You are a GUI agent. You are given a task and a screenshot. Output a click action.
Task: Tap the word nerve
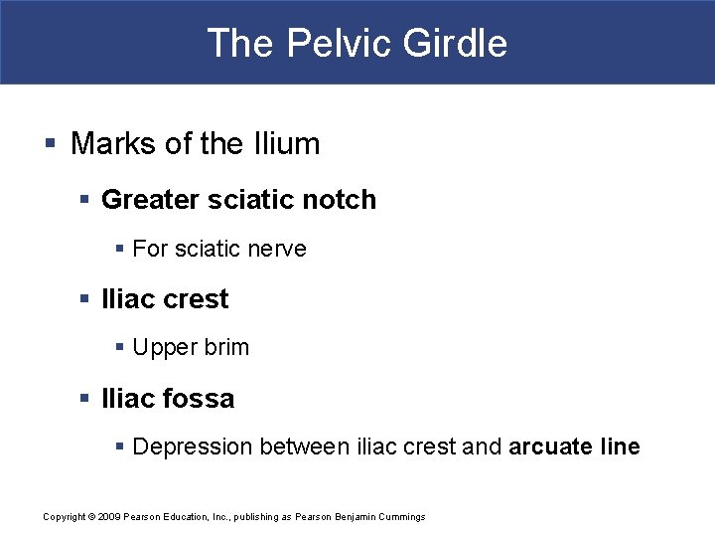[278, 249]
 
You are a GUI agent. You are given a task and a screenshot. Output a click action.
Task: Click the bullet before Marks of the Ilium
[50, 144]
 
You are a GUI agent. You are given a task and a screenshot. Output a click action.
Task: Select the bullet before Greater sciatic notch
[86, 200]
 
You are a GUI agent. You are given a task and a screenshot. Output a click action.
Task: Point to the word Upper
[163, 348]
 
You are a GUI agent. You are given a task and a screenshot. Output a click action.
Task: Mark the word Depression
[193, 447]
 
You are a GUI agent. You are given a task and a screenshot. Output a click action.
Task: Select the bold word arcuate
[548, 447]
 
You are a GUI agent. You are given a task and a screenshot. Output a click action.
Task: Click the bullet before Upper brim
[120, 348]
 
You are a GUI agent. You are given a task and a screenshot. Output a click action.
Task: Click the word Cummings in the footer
[403, 516]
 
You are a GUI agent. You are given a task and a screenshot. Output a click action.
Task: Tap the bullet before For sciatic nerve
[120, 249]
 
